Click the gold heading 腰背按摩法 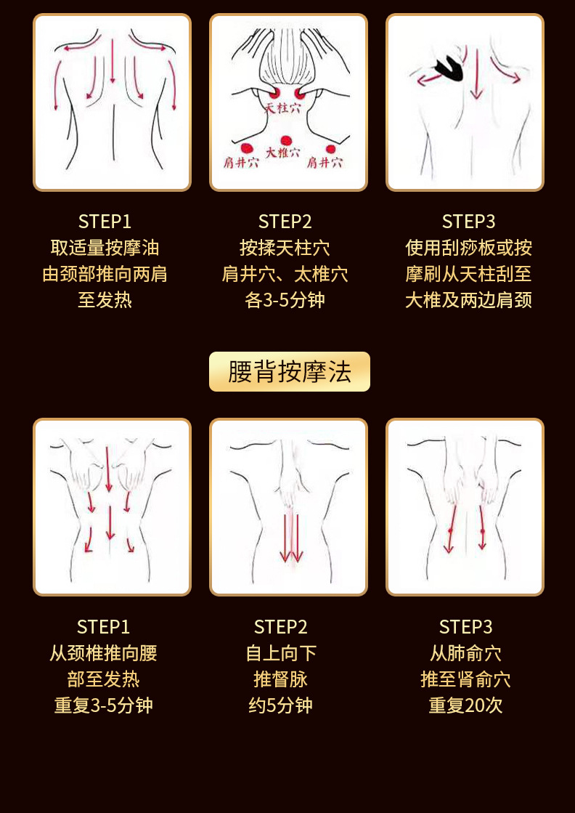(290, 372)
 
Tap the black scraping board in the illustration (449, 69)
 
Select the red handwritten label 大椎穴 (282, 153)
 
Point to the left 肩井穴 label (241, 162)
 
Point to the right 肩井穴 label (325, 162)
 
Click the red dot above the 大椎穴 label (285, 140)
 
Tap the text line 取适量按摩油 (105, 248)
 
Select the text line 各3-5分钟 (285, 300)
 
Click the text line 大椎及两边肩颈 (468, 300)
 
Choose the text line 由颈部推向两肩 (105, 274)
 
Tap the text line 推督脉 (281, 679)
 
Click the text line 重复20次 (465, 705)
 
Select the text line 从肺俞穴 (465, 653)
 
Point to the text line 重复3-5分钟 (104, 705)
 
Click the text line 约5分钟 (281, 705)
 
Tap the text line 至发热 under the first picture (105, 300)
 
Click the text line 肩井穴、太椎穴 (285, 274)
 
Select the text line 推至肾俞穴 (465, 679)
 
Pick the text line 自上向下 (281, 653)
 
